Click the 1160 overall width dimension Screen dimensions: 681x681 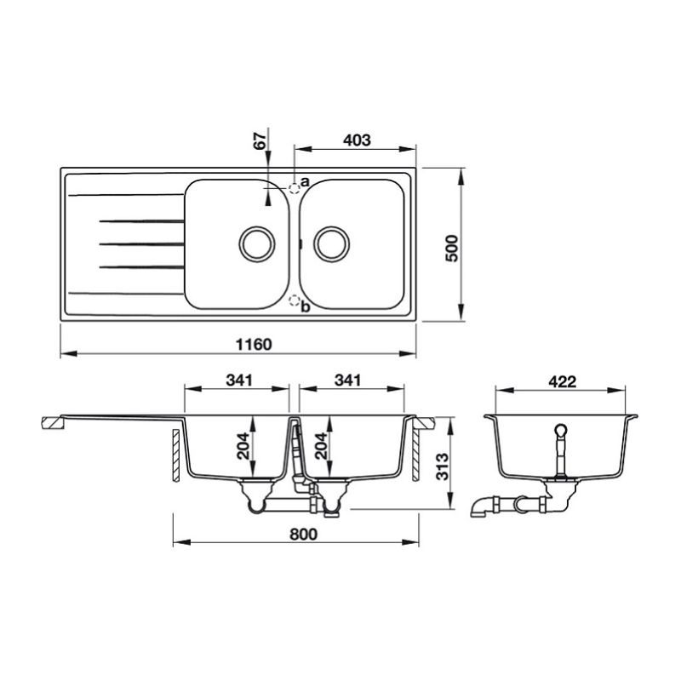pos(254,345)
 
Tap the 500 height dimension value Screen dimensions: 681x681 pos(452,248)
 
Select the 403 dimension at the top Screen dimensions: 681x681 pos(357,140)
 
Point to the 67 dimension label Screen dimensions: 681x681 pos(260,141)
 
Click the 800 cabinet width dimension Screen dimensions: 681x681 pos(304,534)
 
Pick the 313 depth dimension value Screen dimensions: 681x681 pos(442,466)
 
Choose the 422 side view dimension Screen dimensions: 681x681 pos(563,381)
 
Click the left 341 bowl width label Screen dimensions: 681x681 pos(239,380)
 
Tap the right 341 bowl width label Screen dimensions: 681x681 pos(347,380)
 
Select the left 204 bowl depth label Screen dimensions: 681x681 pos(243,445)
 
